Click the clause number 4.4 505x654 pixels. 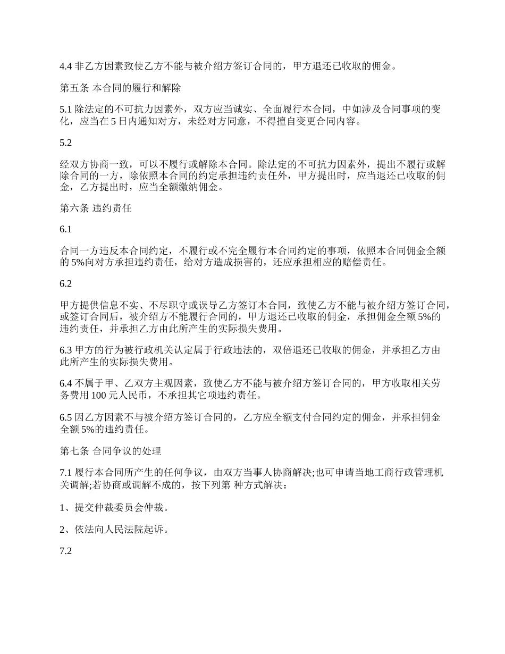click(x=65, y=67)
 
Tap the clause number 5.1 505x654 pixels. click(x=65, y=110)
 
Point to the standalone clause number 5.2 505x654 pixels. click(x=65, y=142)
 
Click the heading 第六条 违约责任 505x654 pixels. click(x=96, y=208)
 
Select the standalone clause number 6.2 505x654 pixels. click(x=65, y=284)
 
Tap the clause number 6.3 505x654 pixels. click(x=65, y=351)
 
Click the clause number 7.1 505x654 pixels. click(x=65, y=472)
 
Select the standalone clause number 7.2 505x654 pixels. click(x=65, y=551)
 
